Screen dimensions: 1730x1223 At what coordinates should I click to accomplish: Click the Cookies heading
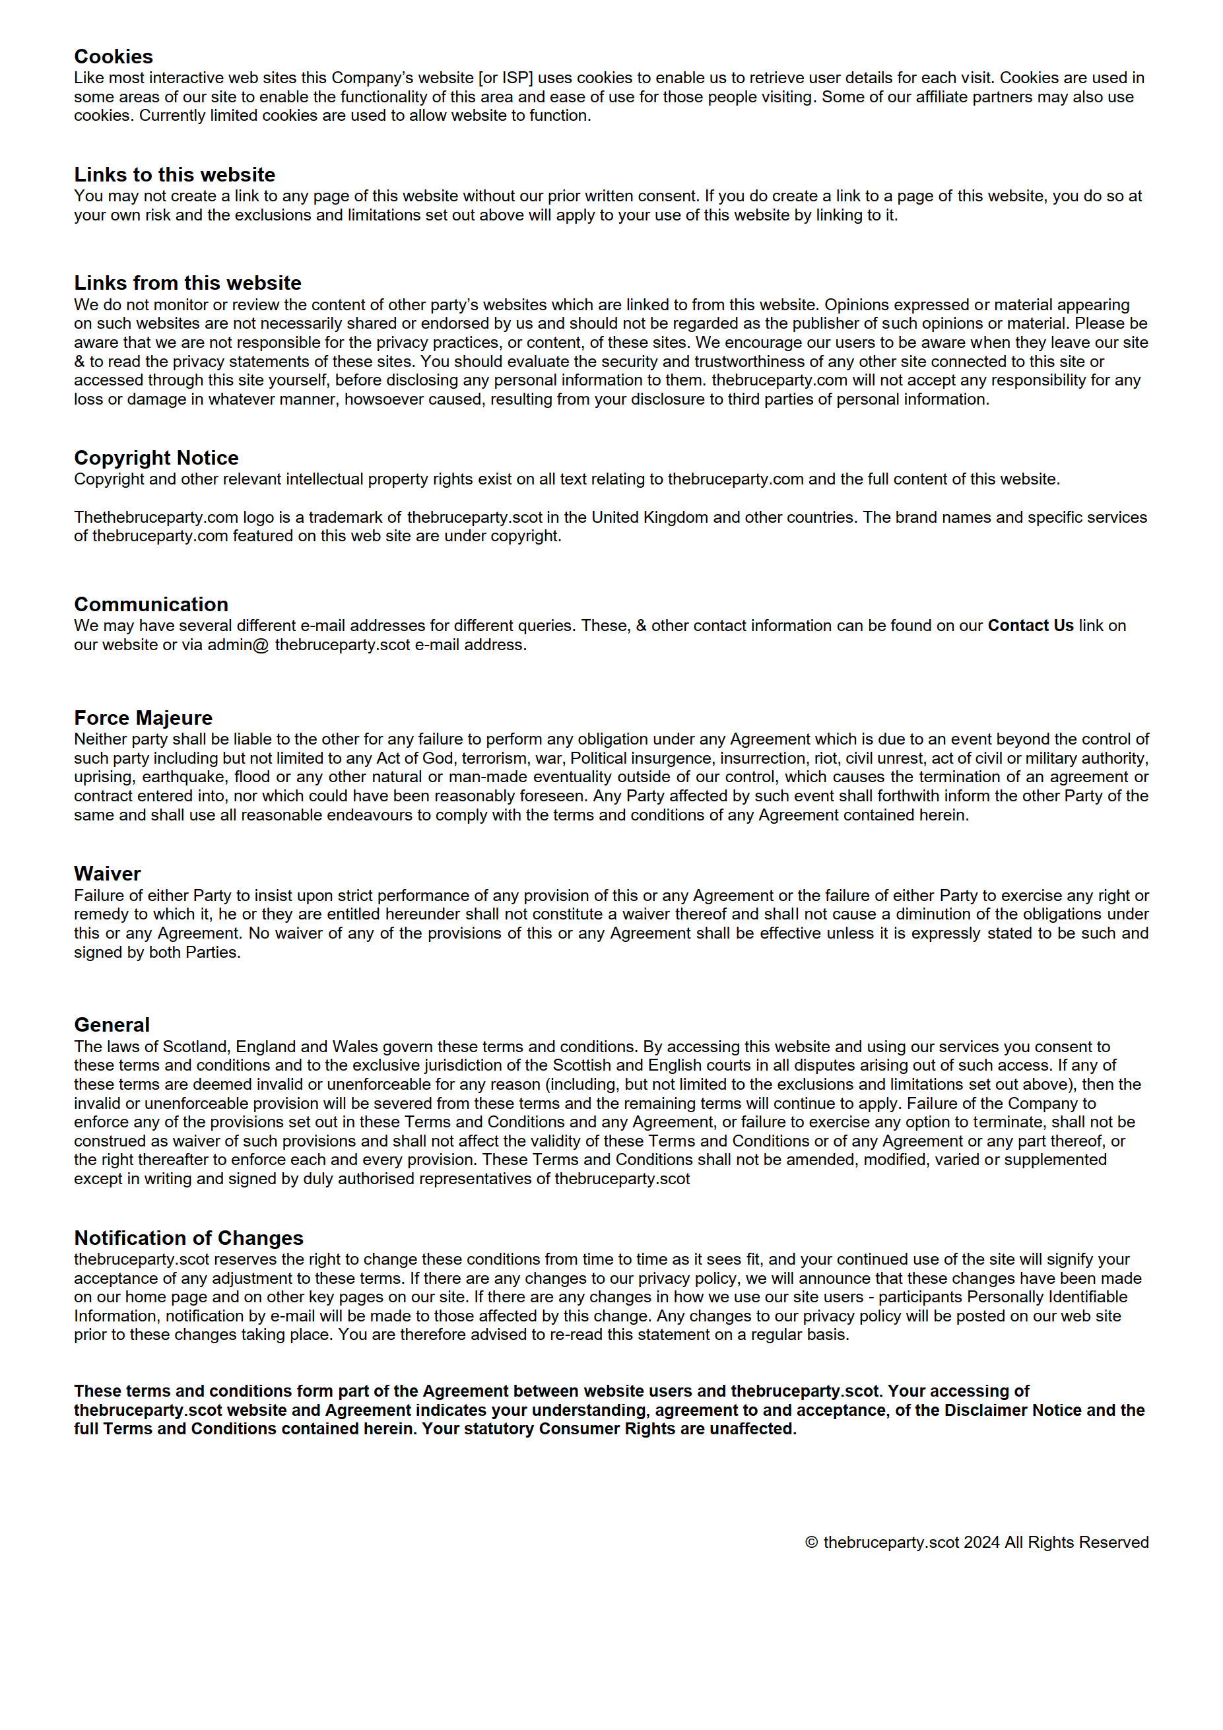point(113,57)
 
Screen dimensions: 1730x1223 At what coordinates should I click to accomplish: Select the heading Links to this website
point(174,175)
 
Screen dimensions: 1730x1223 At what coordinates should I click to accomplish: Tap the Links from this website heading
point(187,283)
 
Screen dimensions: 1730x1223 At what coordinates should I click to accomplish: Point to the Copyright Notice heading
point(156,458)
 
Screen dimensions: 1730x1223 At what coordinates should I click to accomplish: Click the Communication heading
point(150,605)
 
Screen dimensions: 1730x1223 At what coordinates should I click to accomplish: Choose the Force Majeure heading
point(143,718)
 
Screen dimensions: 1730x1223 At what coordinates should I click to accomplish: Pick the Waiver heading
point(107,874)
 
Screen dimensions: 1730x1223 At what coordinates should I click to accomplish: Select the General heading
point(112,1026)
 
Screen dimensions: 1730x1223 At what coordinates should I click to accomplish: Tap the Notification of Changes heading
point(188,1239)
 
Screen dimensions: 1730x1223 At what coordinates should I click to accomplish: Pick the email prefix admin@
point(238,646)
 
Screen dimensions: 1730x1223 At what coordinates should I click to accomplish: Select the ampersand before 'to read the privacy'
point(79,362)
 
